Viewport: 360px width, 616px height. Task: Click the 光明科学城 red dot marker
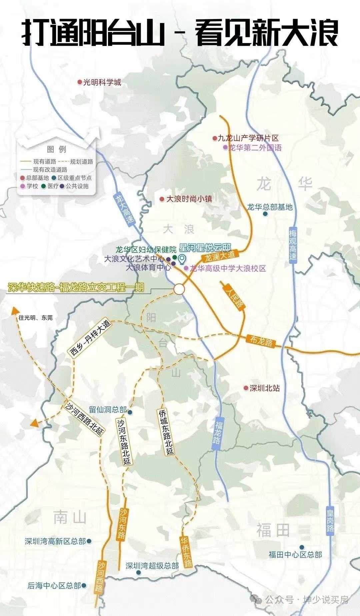[x=80, y=82]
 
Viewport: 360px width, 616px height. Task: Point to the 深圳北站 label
[x=265, y=388]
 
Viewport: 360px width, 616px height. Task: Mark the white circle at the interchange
[x=179, y=289]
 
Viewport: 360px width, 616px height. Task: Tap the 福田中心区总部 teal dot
[x=302, y=547]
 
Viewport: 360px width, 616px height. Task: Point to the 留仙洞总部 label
[x=108, y=410]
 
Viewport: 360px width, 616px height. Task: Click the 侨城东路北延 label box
[x=166, y=432]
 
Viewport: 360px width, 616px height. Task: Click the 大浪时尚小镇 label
[x=189, y=199]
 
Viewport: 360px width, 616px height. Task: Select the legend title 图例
[x=57, y=149]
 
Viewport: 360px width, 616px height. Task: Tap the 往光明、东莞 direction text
[x=36, y=318]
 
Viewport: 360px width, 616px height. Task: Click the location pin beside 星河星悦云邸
[x=182, y=259]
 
